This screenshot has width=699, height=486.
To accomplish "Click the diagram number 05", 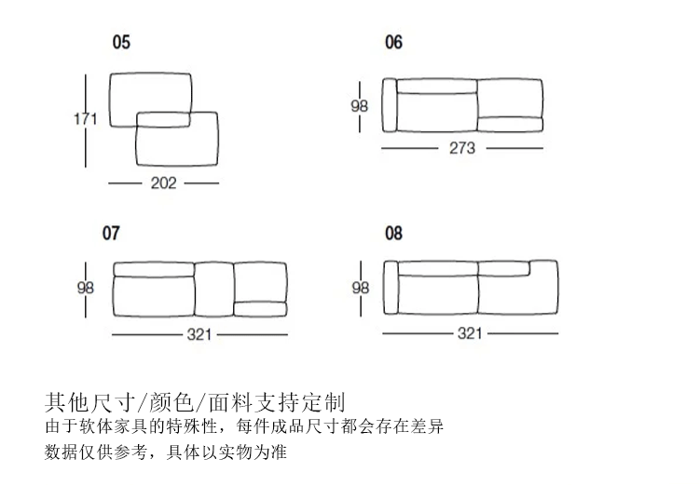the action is (122, 42).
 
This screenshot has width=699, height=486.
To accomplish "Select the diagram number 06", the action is (394, 42).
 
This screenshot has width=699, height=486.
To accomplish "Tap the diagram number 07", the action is (111, 233).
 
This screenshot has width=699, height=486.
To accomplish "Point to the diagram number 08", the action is (394, 233).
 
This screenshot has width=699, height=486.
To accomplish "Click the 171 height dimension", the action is (87, 118).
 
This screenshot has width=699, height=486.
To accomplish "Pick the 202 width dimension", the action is (164, 183).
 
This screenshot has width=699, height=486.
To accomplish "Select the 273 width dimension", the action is (462, 148).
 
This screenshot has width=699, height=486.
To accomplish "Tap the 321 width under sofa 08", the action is (470, 335).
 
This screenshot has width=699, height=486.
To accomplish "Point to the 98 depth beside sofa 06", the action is (360, 106).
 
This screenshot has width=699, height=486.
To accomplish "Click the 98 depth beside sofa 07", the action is (85, 288).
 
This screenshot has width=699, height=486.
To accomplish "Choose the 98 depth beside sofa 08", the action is (360, 288).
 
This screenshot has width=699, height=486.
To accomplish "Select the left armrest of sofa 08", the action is (391, 291).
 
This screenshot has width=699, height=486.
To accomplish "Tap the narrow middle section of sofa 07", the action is (212, 291).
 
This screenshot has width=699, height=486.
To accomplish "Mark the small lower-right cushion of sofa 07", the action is (260, 309).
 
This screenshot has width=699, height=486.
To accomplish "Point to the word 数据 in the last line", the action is (59, 453).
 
